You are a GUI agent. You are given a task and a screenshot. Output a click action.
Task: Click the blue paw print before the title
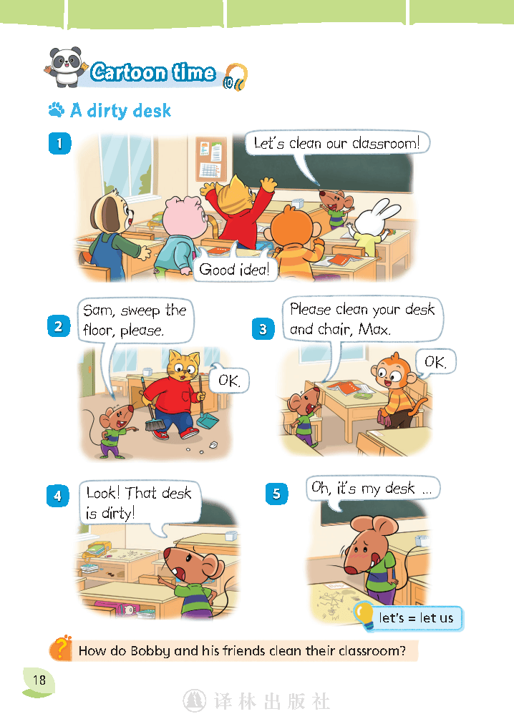[56, 110]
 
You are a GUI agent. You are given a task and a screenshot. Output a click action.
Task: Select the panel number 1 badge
[59, 143]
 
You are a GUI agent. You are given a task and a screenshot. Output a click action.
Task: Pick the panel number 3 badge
[263, 329]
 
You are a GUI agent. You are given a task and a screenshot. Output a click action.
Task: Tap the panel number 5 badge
[277, 494]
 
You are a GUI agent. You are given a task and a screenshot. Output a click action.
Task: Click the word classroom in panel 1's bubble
[385, 144]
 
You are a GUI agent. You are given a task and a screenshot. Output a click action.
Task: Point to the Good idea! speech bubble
[235, 268]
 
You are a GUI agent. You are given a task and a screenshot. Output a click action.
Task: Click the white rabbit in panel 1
[373, 225]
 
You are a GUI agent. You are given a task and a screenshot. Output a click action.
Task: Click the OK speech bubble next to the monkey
[435, 362]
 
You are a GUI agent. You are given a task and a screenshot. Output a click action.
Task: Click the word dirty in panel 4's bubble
[117, 513]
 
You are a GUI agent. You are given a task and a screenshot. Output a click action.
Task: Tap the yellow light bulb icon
[365, 615]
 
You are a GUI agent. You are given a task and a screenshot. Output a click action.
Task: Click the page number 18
[39, 680]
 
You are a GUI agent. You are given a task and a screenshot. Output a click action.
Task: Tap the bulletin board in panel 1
[211, 158]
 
